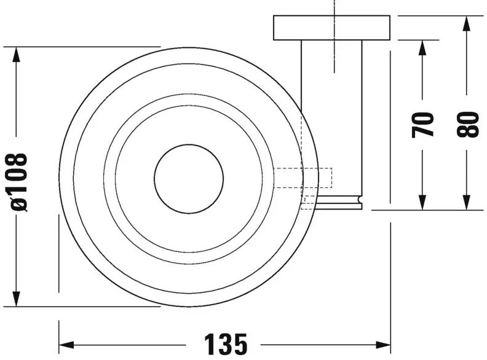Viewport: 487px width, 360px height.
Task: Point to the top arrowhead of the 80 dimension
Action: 466,23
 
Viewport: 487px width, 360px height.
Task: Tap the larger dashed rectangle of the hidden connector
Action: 303,178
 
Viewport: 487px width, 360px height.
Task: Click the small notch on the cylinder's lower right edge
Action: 360,199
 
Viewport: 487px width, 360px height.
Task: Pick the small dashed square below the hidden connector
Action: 309,202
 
